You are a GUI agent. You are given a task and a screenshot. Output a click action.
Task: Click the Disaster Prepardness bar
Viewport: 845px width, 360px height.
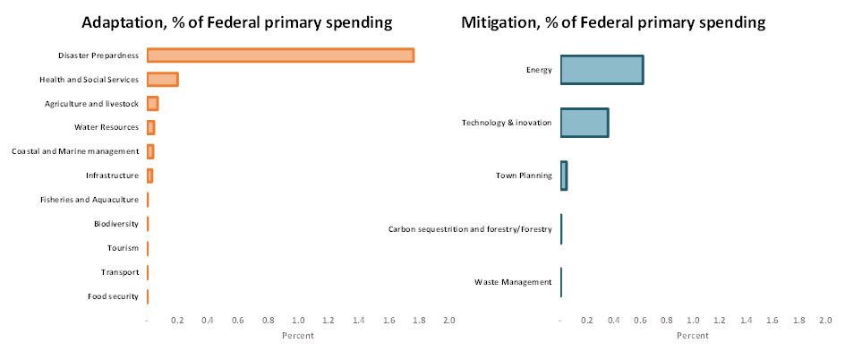280,56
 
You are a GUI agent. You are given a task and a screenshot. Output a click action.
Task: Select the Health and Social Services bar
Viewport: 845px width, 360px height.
163,80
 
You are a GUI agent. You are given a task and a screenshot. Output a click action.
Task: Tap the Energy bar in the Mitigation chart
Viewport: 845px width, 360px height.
602,70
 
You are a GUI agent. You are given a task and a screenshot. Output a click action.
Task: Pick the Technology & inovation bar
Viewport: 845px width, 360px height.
585,123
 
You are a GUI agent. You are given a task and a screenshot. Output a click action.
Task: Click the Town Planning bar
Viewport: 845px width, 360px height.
564,176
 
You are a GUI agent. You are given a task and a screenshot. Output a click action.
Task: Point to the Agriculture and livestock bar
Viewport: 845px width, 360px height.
152,104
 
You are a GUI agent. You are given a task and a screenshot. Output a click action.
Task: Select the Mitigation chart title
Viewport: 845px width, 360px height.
613,22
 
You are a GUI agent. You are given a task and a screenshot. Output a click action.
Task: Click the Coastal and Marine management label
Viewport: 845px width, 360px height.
75,151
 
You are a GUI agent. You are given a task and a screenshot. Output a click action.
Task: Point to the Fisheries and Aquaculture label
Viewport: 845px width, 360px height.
90,200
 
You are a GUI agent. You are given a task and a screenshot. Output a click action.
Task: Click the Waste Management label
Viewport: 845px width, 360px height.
513,282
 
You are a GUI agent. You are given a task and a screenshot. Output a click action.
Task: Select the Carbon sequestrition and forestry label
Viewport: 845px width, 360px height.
470,229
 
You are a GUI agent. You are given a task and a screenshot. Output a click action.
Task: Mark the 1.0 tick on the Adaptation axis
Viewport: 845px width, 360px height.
298,320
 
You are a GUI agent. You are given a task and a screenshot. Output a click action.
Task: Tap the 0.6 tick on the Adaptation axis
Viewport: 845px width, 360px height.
238,320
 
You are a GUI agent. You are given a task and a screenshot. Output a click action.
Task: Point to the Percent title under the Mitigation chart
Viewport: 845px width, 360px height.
692,336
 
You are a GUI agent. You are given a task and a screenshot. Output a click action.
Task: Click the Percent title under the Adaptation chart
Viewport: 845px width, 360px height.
297,336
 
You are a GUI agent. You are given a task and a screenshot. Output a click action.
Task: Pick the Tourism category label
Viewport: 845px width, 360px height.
123,248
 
